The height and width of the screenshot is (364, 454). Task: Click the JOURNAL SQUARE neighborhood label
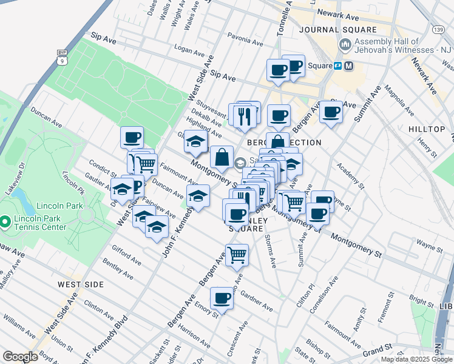click(x=339, y=29)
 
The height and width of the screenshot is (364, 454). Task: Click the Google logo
click(x=21, y=357)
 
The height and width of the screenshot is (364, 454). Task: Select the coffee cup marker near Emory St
click(x=222, y=298)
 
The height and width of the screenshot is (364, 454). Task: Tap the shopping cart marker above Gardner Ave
click(x=236, y=255)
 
